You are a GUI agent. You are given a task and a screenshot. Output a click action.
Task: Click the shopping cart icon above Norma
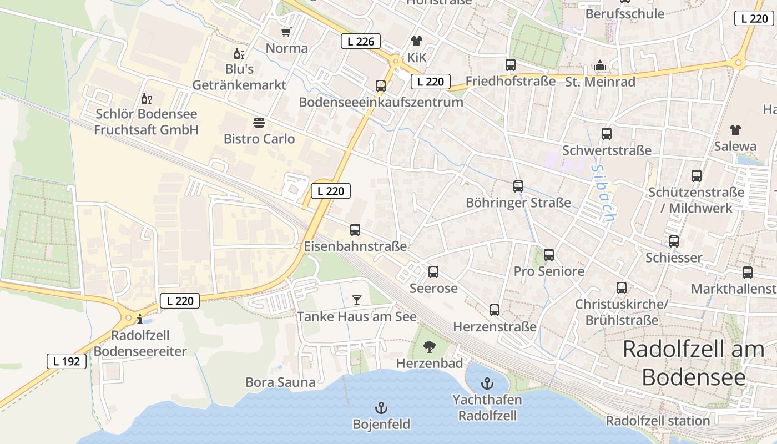(x=286, y=32)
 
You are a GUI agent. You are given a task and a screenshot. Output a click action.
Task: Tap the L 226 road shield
(x=360, y=41)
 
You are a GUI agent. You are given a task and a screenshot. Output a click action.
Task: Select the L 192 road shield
(x=67, y=361)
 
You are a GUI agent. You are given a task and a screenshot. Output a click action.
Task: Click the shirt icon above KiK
(x=416, y=41)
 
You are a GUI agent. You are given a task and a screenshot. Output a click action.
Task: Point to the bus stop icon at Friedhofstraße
(x=511, y=65)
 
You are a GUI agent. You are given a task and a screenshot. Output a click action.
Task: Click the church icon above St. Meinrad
(x=599, y=66)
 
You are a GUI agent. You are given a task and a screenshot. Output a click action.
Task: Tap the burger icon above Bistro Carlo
(x=259, y=123)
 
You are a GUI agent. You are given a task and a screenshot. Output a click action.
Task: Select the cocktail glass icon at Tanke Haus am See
(x=356, y=300)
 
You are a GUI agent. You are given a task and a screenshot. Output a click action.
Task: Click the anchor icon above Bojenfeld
(x=381, y=408)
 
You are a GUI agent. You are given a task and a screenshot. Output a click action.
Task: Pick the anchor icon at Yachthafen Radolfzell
(x=487, y=384)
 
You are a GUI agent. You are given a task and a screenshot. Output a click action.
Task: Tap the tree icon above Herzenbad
(x=429, y=347)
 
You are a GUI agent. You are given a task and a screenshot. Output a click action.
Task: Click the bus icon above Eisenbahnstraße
(x=355, y=230)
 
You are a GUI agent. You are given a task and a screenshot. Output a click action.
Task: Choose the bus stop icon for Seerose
(x=433, y=272)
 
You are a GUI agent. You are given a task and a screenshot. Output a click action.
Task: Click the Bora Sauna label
(x=280, y=382)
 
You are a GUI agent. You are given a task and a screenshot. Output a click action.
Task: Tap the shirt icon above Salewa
(x=735, y=130)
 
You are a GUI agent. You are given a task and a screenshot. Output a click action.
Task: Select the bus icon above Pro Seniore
(x=549, y=255)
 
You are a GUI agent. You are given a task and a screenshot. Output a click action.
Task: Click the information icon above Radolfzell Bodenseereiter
(x=140, y=319)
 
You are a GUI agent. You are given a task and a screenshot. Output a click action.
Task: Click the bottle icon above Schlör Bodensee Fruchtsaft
(x=146, y=99)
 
